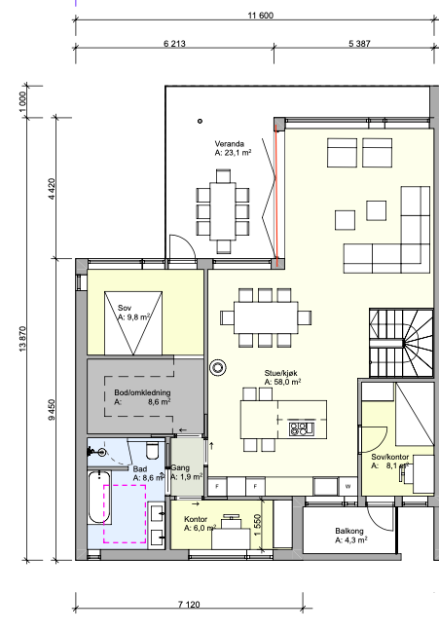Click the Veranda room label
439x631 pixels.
pyautogui.click(x=230, y=144)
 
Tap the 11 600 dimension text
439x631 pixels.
pyautogui.click(x=260, y=16)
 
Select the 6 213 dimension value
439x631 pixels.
pyautogui.click(x=174, y=44)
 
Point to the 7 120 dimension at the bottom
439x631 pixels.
pyautogui.click(x=189, y=604)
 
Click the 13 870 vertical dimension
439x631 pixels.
pyautogui.click(x=22, y=339)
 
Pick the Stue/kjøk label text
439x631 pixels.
pyautogui.click(x=281, y=373)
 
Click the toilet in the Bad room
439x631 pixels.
pyautogui.click(x=153, y=450)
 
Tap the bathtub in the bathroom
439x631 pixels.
pyautogui.click(x=99, y=497)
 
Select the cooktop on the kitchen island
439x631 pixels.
pyautogui.click(x=301, y=428)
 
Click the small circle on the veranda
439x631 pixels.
pyautogui.click(x=200, y=121)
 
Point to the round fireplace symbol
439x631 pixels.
pyautogui.click(x=218, y=367)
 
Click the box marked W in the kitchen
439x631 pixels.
pyautogui.click(x=348, y=486)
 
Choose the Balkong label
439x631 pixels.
pyautogui.click(x=349, y=531)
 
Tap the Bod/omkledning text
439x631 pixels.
pyautogui.click(x=142, y=392)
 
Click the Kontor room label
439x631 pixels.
pyautogui.click(x=196, y=519)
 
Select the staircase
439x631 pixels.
pyautogui.click(x=401, y=343)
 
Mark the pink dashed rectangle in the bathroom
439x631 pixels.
pyautogui.click(x=125, y=514)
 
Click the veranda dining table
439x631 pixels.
pyautogui.click(x=223, y=211)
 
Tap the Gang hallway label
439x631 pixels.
pyautogui.click(x=180, y=467)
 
